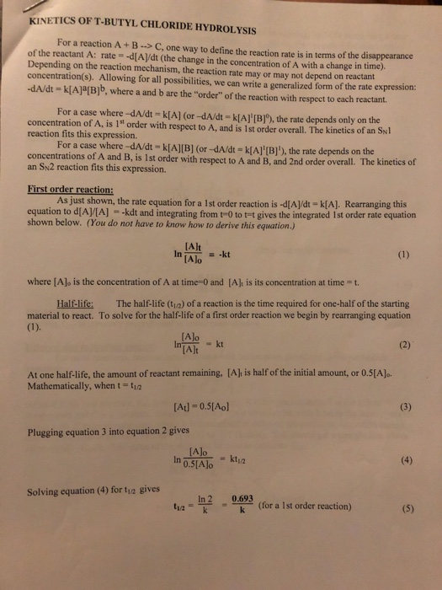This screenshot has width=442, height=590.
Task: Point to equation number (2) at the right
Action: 406,368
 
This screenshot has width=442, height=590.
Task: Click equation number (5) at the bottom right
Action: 406,555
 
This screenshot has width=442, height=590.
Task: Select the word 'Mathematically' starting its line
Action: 61,414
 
